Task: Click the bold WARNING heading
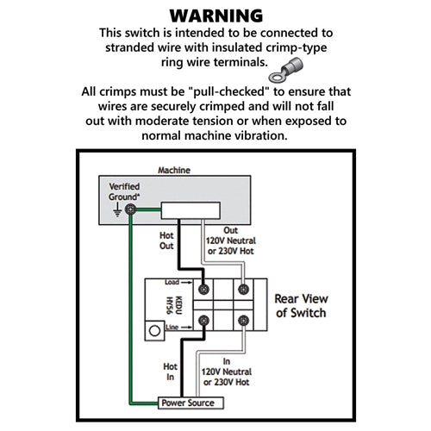(216, 16)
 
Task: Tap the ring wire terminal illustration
(285, 70)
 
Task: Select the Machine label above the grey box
(174, 170)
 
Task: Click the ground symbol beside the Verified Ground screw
(117, 209)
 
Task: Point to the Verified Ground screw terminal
(130, 209)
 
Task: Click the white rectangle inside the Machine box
(191, 210)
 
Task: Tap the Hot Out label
(166, 240)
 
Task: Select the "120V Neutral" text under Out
(231, 240)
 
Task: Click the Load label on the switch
(172, 282)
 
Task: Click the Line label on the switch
(172, 327)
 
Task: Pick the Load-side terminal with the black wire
(203, 289)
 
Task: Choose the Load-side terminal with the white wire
(243, 289)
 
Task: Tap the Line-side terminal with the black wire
(203, 320)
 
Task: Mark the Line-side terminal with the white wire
(243, 320)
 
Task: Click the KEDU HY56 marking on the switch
(174, 305)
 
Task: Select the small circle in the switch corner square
(154, 331)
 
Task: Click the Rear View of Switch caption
(301, 306)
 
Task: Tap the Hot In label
(170, 372)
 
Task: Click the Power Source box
(191, 403)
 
